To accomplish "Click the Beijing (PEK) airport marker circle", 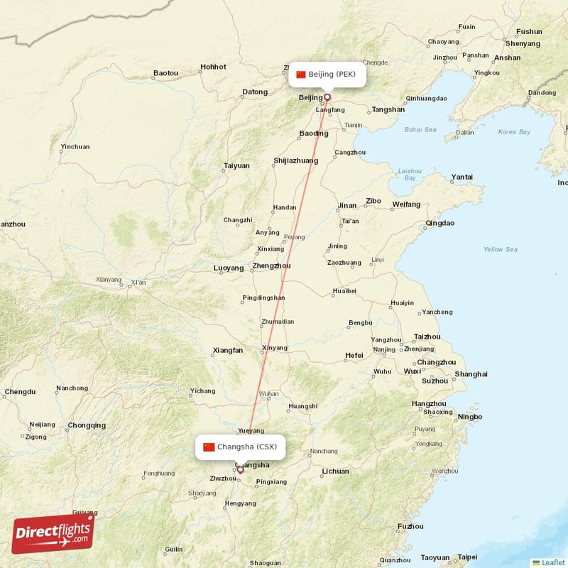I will [327, 97].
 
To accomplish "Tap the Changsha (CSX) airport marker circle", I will [240, 469].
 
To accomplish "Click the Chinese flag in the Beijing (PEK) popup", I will [301, 75].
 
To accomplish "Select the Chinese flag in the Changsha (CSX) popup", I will [209, 447].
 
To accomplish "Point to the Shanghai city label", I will [471, 373].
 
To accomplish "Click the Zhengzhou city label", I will [271, 266].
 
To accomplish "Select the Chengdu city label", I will [20, 391].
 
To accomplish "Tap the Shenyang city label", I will [523, 43].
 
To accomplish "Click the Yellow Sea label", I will [501, 249].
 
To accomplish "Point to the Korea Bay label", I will [514, 132].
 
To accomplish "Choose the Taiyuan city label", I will [236, 165].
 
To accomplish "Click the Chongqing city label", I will [87, 426].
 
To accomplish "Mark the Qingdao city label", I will [439, 223].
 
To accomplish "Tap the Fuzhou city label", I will [411, 526].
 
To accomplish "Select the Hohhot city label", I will [213, 67].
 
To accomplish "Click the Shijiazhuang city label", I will [295, 161].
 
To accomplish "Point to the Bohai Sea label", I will [420, 130].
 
